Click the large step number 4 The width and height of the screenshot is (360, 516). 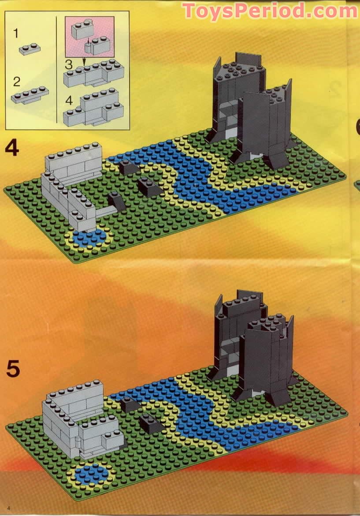coord(12,148)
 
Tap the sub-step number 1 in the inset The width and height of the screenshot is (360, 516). coord(16,33)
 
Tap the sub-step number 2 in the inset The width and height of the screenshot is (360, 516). coord(17,82)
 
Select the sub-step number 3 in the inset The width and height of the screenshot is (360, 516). coord(69,64)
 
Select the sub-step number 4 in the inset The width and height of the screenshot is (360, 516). coord(69,100)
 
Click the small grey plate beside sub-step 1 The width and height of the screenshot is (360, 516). coord(30,49)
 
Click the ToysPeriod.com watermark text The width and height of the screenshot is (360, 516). coord(270,11)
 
